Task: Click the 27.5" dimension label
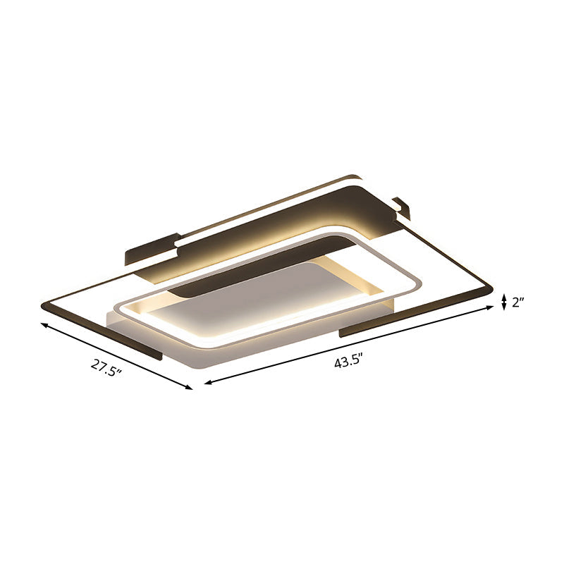coord(106,367)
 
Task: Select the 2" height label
coord(520,303)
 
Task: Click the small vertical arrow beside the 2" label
coord(503,302)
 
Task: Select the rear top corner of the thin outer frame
coord(352,176)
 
